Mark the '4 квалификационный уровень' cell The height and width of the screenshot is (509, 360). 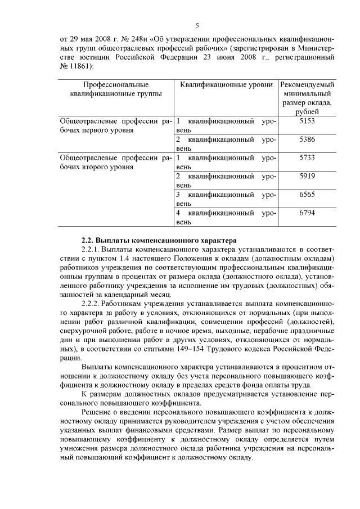(x=226, y=218)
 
